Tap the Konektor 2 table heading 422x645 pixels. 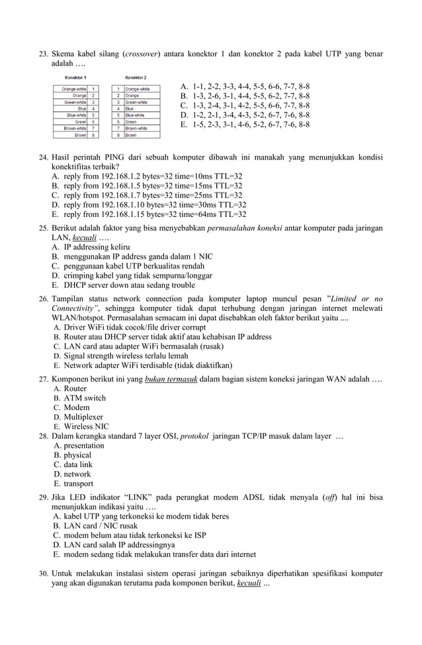[x=136, y=78]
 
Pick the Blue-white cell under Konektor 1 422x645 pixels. [x=75, y=115]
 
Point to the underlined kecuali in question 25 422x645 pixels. [x=84, y=237]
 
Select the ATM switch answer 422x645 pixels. [x=84, y=398]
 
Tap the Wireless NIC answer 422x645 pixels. [x=86, y=427]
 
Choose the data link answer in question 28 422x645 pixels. [x=77, y=464]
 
